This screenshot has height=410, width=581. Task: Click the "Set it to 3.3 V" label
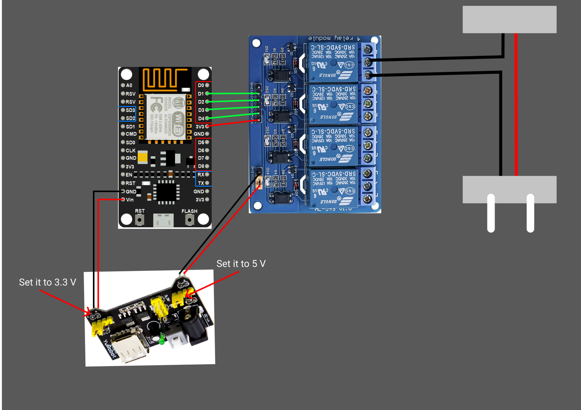(x=48, y=283)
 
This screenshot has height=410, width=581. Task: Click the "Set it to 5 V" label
(x=241, y=264)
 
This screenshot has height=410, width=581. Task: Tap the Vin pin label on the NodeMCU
(x=130, y=200)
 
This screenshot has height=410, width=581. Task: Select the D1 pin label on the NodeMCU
(x=201, y=94)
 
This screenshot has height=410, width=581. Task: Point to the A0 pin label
(x=129, y=85)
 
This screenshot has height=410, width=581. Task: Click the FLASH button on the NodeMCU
(x=189, y=220)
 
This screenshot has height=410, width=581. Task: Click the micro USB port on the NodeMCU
(x=163, y=220)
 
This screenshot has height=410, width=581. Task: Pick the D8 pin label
(x=201, y=166)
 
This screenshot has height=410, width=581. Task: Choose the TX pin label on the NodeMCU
(x=201, y=183)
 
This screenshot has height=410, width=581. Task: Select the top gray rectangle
(x=509, y=20)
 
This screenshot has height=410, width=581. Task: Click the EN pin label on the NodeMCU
(x=129, y=175)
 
